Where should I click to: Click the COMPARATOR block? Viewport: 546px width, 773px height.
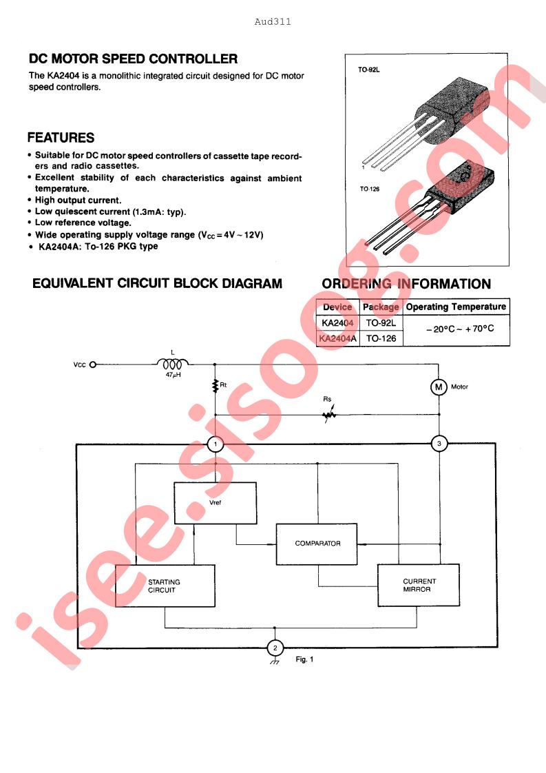(317, 544)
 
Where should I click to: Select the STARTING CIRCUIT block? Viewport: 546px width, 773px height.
(165, 586)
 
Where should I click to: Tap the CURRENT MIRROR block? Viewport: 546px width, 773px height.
(419, 585)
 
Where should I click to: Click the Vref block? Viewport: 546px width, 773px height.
(216, 503)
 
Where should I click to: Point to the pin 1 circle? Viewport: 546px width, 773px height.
(215, 444)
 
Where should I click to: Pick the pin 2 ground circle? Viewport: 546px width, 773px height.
(275, 648)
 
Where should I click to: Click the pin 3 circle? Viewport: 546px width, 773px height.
(439, 444)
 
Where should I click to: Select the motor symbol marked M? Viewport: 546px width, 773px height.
(439, 387)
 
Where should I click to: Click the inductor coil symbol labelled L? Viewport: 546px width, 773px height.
(172, 364)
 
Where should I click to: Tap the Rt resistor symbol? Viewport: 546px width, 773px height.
(215, 386)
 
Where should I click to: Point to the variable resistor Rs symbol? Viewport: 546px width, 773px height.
(328, 415)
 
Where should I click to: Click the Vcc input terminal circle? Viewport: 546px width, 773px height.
(93, 365)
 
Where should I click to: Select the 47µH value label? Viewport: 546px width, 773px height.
(173, 375)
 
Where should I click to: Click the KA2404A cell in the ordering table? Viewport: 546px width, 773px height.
(338, 338)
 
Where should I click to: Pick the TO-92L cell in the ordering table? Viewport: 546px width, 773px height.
(381, 323)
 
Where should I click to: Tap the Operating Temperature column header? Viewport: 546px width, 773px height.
(456, 307)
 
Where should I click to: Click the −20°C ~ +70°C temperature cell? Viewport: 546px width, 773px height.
(460, 329)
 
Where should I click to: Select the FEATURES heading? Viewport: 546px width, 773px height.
(61, 138)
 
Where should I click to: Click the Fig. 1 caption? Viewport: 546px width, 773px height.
(304, 659)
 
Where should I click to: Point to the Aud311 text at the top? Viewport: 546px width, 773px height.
(273, 21)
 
